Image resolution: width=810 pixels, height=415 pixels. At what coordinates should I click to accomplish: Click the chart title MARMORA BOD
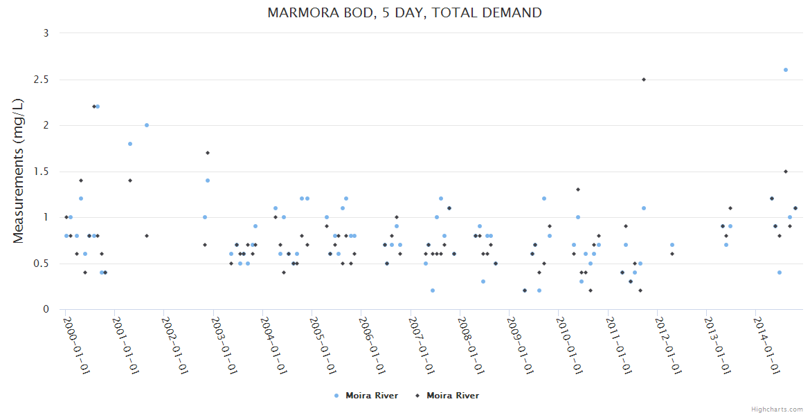404,12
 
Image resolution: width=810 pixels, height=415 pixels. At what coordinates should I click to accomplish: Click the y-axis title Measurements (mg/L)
19,171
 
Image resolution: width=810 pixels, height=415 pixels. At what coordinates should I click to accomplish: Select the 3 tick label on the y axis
46,33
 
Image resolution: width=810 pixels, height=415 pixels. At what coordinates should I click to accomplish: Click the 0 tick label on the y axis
46,310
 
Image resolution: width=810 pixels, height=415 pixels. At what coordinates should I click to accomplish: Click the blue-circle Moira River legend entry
366,396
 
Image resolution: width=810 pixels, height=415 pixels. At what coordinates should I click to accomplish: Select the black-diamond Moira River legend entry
447,396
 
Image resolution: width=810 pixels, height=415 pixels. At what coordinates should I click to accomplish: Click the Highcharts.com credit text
777,409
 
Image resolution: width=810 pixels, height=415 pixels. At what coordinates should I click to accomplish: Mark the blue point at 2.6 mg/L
786,70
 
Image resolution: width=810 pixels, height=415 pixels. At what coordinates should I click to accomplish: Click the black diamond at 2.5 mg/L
644,80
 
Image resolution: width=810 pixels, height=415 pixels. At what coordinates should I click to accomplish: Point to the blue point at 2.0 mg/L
147,125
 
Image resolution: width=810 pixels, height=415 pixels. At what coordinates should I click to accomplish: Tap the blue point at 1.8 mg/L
130,144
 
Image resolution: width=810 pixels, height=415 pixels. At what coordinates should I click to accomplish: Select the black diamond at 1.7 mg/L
208,153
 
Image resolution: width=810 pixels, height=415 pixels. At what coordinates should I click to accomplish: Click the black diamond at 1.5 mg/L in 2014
786,172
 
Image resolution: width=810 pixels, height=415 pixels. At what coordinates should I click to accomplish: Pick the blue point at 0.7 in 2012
672,245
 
